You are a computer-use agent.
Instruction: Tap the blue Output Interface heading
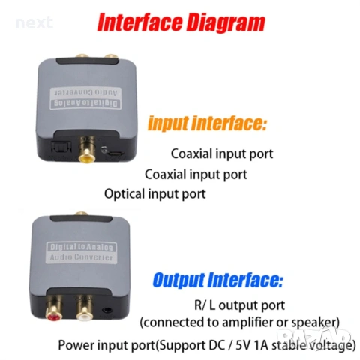coord(217,281)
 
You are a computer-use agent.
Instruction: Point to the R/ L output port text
coord(238,305)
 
